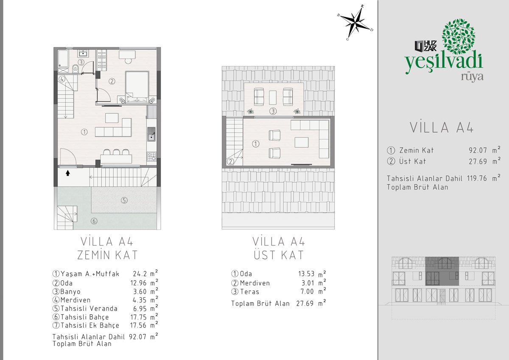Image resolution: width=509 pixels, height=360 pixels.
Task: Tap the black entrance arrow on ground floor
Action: point(68,173)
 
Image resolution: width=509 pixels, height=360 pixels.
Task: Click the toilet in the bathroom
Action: point(75,68)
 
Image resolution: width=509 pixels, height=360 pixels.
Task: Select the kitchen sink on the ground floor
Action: point(151,134)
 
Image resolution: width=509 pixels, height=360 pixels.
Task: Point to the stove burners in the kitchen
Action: point(151,156)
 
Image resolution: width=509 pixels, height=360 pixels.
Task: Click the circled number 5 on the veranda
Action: point(124,200)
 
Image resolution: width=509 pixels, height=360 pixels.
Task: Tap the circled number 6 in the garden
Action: point(94,221)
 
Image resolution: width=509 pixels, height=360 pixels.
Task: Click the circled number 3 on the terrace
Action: point(273,111)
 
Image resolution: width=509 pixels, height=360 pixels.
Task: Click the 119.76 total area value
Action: point(477,178)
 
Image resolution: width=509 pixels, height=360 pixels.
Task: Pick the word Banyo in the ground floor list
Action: point(70,292)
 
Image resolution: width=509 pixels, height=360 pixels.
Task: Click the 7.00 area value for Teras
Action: point(307,291)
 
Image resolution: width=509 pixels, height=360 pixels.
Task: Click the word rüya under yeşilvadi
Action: point(472,77)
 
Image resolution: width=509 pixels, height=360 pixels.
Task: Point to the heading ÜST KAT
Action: point(279,255)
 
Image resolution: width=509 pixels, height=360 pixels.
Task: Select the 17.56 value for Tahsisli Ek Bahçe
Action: point(138,325)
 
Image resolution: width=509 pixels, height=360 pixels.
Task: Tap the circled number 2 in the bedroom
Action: point(112,81)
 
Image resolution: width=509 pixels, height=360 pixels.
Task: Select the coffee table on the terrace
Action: point(273,98)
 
